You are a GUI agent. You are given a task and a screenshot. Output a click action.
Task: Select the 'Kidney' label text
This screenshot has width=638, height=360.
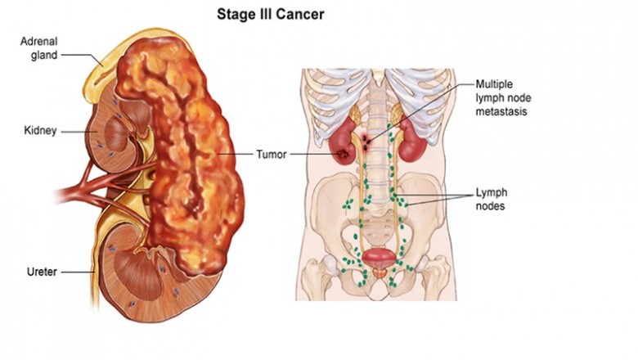click(39, 131)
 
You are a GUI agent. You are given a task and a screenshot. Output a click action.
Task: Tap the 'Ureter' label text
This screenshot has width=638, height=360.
click(39, 272)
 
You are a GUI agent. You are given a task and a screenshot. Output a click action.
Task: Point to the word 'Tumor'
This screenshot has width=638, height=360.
click(271, 154)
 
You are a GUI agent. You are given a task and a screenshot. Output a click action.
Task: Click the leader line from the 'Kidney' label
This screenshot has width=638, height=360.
click(73, 131)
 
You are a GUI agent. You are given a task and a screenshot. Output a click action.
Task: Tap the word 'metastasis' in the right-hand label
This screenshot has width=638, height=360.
click(503, 110)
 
